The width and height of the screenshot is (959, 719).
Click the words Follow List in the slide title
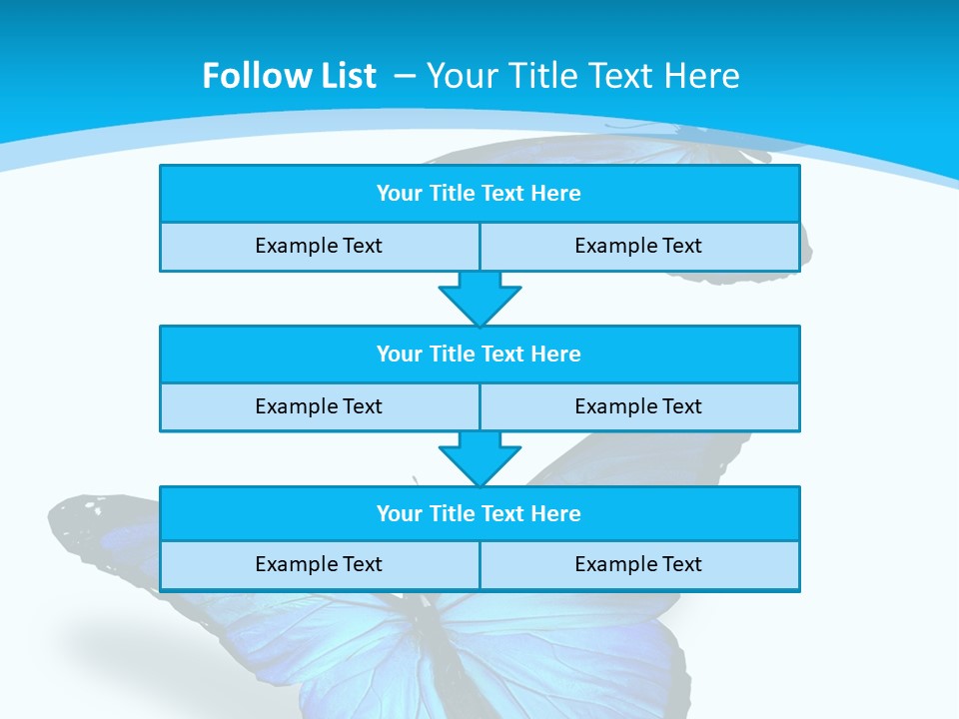pyautogui.click(x=289, y=76)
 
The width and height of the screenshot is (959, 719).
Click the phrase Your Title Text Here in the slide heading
pyautogui.click(x=583, y=76)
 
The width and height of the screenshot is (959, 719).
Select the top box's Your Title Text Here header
pyautogui.click(x=479, y=194)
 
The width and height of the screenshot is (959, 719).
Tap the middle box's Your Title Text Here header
pyautogui.click(x=479, y=354)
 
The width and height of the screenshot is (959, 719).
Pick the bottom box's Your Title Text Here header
pyautogui.click(x=479, y=513)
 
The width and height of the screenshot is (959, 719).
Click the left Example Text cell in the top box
pyautogui.click(x=319, y=246)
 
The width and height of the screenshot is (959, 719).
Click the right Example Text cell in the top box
pyautogui.click(x=638, y=246)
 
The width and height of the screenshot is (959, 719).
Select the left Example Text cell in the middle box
pyautogui.click(x=319, y=406)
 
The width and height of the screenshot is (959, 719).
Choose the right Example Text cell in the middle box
pyautogui.click(x=638, y=406)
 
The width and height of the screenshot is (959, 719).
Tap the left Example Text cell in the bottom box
pyautogui.click(x=319, y=564)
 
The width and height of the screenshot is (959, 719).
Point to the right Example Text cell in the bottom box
pyautogui.click(x=638, y=564)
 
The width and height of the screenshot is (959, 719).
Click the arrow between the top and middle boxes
pyautogui.click(x=479, y=299)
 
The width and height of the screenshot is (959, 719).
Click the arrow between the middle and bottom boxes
pyautogui.click(x=479, y=458)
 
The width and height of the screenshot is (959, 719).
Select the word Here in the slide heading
pyautogui.click(x=703, y=76)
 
